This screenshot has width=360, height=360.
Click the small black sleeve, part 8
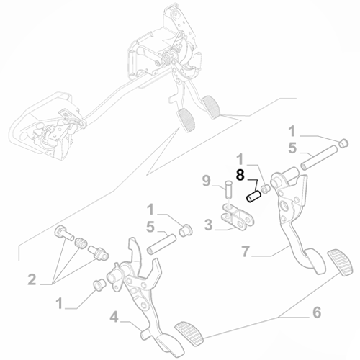253,195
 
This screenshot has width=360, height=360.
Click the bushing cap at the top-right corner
343,142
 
